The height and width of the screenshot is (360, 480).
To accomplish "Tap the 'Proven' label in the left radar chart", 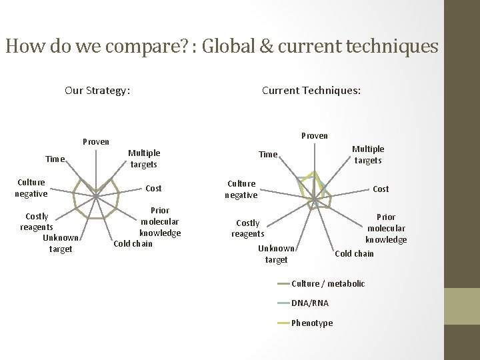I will tap(95, 142).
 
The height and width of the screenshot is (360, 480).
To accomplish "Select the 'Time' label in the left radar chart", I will tap(55, 159).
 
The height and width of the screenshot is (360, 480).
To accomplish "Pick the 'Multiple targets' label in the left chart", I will tap(143, 158).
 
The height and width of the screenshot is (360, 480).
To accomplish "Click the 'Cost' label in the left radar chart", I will tap(153, 189).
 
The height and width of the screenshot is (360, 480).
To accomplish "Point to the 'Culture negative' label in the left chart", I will tap(31, 188).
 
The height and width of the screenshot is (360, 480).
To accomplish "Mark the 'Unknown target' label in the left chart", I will tap(61, 243).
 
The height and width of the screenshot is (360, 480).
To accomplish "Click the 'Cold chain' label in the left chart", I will tap(133, 243).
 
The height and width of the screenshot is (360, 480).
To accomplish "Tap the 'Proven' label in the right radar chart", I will tap(315, 136).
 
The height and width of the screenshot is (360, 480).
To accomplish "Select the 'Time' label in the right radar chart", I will tap(268, 155).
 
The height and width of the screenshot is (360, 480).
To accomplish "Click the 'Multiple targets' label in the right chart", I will tap(368, 155).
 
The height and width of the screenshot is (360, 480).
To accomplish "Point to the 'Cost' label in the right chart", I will tap(381, 189).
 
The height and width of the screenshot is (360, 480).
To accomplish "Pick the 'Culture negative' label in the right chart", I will tap(241, 189).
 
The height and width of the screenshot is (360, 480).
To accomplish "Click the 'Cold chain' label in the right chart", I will tap(354, 253).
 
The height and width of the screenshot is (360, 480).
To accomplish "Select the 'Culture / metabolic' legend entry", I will tap(328, 284).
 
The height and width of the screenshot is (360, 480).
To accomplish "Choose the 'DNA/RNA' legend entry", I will tap(309, 303).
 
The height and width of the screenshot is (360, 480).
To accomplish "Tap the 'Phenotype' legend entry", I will tap(312, 323).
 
